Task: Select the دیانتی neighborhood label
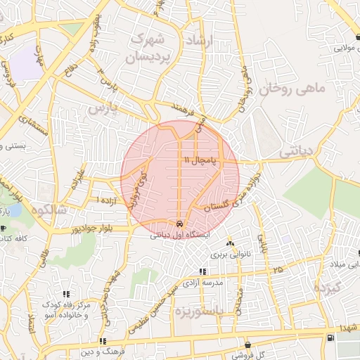coord(298,150)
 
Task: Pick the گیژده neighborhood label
coord(328,288)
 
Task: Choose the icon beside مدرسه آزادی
coord(202,271)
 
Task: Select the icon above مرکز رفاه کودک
coord(66,294)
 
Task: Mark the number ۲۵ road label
coord(278,269)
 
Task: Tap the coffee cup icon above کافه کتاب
coord(4,228)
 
